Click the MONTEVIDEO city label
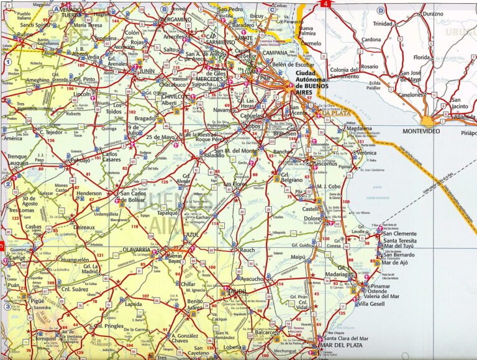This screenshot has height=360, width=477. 420,132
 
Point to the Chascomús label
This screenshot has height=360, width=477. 324,164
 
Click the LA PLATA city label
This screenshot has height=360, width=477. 336,113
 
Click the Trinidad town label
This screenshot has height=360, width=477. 383,24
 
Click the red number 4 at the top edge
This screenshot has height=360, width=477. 325,4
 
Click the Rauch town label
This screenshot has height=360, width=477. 247,250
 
